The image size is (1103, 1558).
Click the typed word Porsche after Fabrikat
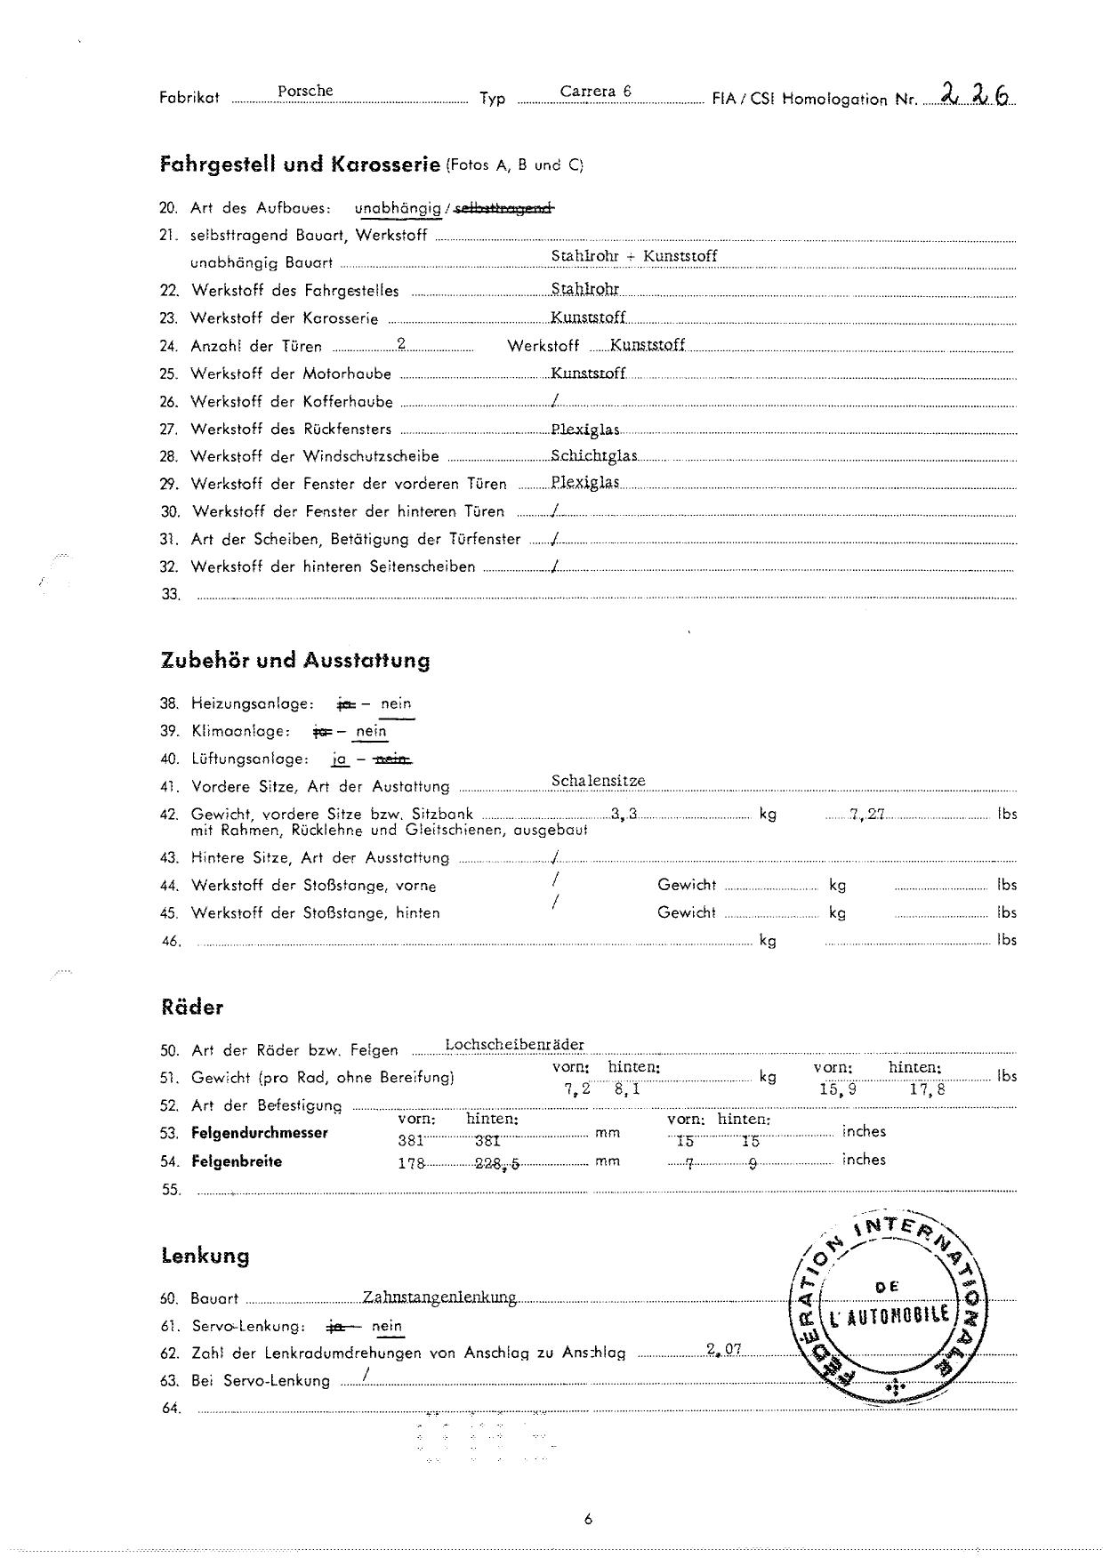305,91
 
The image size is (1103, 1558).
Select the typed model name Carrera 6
595,91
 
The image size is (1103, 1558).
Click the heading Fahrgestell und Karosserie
300,165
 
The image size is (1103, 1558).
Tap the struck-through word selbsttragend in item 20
504,208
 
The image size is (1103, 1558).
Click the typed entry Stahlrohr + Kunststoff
633,256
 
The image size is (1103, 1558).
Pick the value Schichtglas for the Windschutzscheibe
593,455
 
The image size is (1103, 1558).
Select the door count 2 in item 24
402,344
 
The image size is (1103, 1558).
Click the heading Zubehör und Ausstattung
295,660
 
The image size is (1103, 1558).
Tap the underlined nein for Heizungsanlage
396,703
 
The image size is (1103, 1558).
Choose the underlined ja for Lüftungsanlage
339,759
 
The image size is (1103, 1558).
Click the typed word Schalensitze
598,781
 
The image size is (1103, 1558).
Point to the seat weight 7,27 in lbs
866,814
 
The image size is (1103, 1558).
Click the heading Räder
192,1008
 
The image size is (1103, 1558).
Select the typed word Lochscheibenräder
514,1044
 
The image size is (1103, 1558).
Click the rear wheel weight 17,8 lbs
927,1088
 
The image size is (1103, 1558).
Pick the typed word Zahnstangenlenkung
439,1297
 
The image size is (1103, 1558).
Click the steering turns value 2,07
724,1349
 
